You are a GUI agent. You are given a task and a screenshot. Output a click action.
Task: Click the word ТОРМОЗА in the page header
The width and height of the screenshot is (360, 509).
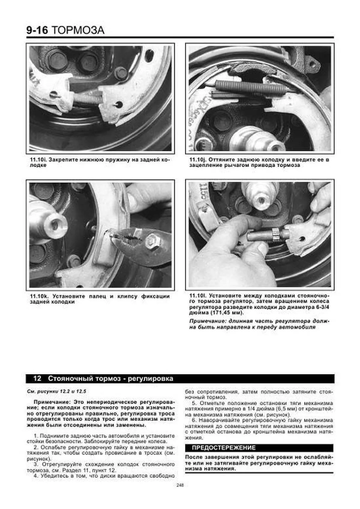click(78, 30)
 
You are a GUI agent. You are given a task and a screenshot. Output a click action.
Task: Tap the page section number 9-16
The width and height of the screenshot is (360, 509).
click(37, 30)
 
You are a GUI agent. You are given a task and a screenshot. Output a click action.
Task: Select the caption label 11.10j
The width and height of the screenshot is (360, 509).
click(197, 160)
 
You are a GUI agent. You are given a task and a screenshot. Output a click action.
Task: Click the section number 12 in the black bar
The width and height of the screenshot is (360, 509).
click(37, 379)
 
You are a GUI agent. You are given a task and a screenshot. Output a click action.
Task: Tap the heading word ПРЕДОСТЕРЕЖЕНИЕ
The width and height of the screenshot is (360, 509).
click(223, 448)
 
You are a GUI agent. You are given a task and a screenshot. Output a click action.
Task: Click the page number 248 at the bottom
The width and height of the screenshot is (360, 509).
click(180, 485)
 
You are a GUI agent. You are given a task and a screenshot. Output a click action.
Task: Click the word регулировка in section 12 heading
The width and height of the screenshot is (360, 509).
click(151, 379)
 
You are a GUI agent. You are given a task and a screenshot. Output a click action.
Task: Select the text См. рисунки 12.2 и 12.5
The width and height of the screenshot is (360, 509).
click(56, 391)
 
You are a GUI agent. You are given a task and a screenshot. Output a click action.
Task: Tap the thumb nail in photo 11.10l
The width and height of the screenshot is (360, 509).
click(262, 248)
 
